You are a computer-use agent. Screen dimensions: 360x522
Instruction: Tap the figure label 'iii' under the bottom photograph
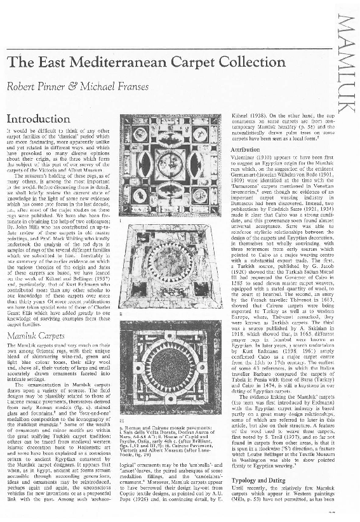(x=122, y=420)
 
